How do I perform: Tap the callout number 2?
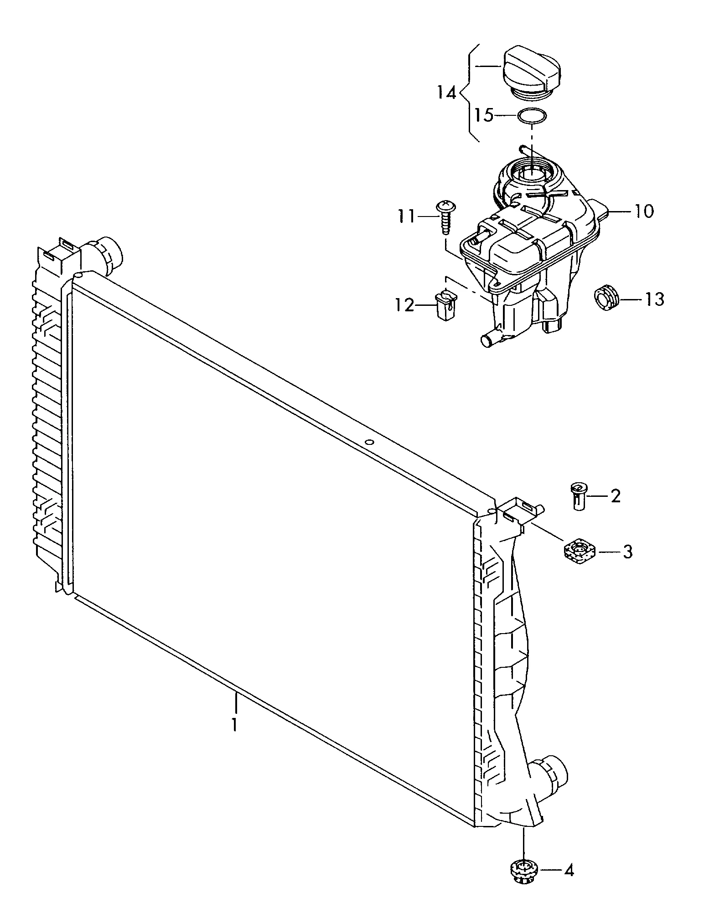[615, 496]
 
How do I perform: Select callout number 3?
[627, 552]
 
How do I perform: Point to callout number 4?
[568, 871]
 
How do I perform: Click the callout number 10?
[644, 211]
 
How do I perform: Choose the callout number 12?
[404, 305]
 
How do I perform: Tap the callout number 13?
[654, 299]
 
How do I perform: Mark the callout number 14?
[446, 93]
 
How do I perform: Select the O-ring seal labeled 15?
[532, 116]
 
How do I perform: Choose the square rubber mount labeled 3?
[580, 552]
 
